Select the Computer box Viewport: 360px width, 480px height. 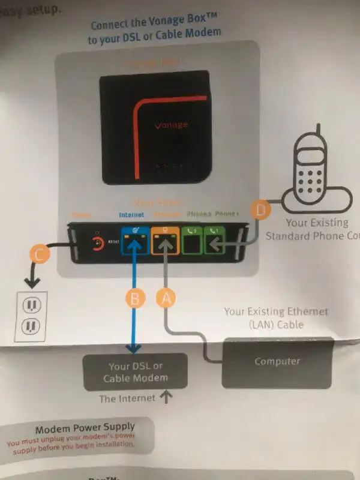[277, 362]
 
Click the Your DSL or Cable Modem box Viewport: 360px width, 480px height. [135, 372]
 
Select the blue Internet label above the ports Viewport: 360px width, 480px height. [132, 214]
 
